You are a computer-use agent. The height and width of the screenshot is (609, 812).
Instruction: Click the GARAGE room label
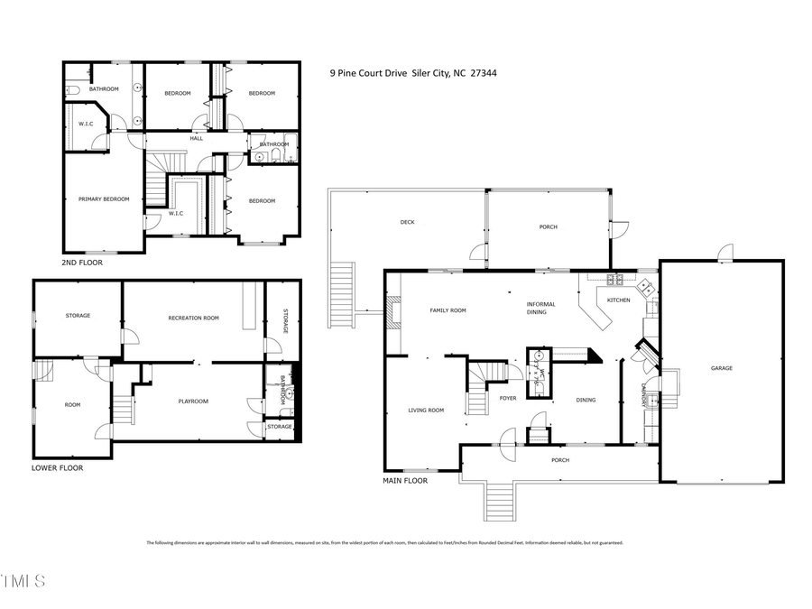(721, 368)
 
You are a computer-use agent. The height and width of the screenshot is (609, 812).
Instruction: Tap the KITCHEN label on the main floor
(618, 300)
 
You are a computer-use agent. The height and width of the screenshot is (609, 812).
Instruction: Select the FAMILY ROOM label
(447, 310)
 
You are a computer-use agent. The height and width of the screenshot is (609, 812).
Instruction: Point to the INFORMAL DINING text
(541, 309)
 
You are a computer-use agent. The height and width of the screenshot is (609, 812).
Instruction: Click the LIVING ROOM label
(426, 411)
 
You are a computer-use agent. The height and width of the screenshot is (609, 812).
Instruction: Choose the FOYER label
(508, 398)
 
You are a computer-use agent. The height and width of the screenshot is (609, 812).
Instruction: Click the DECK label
(407, 222)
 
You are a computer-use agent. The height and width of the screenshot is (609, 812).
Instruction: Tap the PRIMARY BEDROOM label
(104, 199)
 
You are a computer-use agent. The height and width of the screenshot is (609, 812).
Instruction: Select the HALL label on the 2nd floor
(196, 138)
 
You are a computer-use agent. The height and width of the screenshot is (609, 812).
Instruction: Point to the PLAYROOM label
(192, 401)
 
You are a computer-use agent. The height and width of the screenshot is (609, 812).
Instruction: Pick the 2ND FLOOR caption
(82, 263)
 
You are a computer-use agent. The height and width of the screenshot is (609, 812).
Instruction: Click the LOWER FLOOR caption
(57, 468)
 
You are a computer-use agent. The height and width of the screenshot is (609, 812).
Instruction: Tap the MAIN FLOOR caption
(405, 481)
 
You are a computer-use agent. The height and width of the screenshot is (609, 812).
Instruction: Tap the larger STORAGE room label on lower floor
(78, 315)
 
